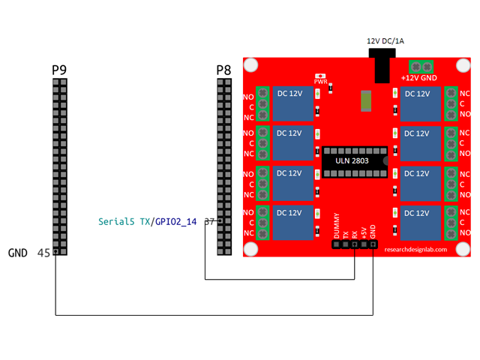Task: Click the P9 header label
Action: click(59, 70)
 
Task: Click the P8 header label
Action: click(223, 70)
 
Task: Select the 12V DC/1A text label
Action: click(385, 40)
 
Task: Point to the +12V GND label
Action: click(418, 77)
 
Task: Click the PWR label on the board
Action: click(321, 82)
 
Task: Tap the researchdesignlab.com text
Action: click(415, 250)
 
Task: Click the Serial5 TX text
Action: click(124, 222)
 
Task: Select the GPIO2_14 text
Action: click(175, 222)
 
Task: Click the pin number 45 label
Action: click(43, 253)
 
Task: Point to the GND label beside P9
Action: click(18, 253)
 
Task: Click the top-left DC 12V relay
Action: click(292, 103)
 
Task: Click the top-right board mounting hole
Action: click(463, 66)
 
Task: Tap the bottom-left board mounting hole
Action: click(251, 249)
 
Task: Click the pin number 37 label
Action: click(209, 222)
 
